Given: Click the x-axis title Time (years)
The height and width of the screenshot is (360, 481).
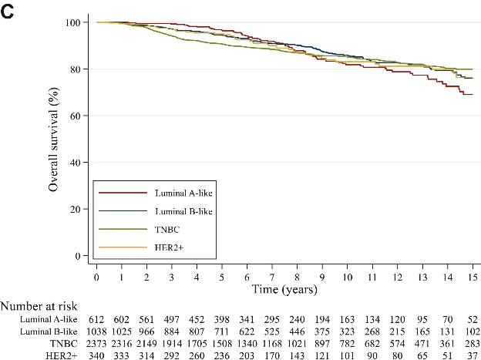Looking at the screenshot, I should pos(284,288).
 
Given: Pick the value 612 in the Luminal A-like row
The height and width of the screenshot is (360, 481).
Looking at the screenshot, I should pos(96,319).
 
